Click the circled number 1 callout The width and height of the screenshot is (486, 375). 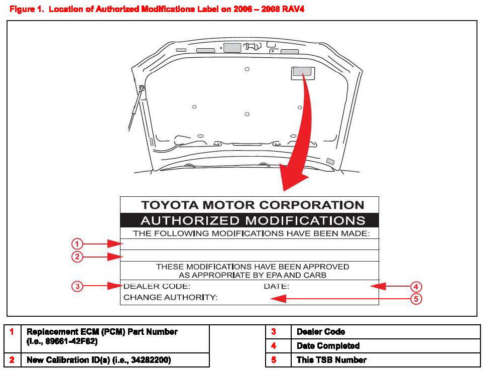coord(76,244)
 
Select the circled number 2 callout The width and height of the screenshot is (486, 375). coord(76,257)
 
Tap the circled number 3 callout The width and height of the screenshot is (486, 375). coord(76,286)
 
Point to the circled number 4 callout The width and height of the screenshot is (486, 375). coord(416,287)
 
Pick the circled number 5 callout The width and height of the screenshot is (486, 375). coord(416,299)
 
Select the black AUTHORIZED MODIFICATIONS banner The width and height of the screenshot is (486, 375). coord(249,220)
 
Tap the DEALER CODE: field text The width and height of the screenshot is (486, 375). coord(157,287)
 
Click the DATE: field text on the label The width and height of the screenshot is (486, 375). coord(276,287)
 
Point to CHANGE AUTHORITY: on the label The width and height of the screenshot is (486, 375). coord(170,298)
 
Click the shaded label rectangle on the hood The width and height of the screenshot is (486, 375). coord(301,72)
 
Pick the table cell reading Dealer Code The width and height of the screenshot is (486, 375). coord(321,332)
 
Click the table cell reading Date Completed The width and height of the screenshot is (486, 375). coord(328,346)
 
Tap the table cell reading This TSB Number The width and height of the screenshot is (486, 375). coord(331,360)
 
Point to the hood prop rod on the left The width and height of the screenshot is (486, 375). coord(136,108)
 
